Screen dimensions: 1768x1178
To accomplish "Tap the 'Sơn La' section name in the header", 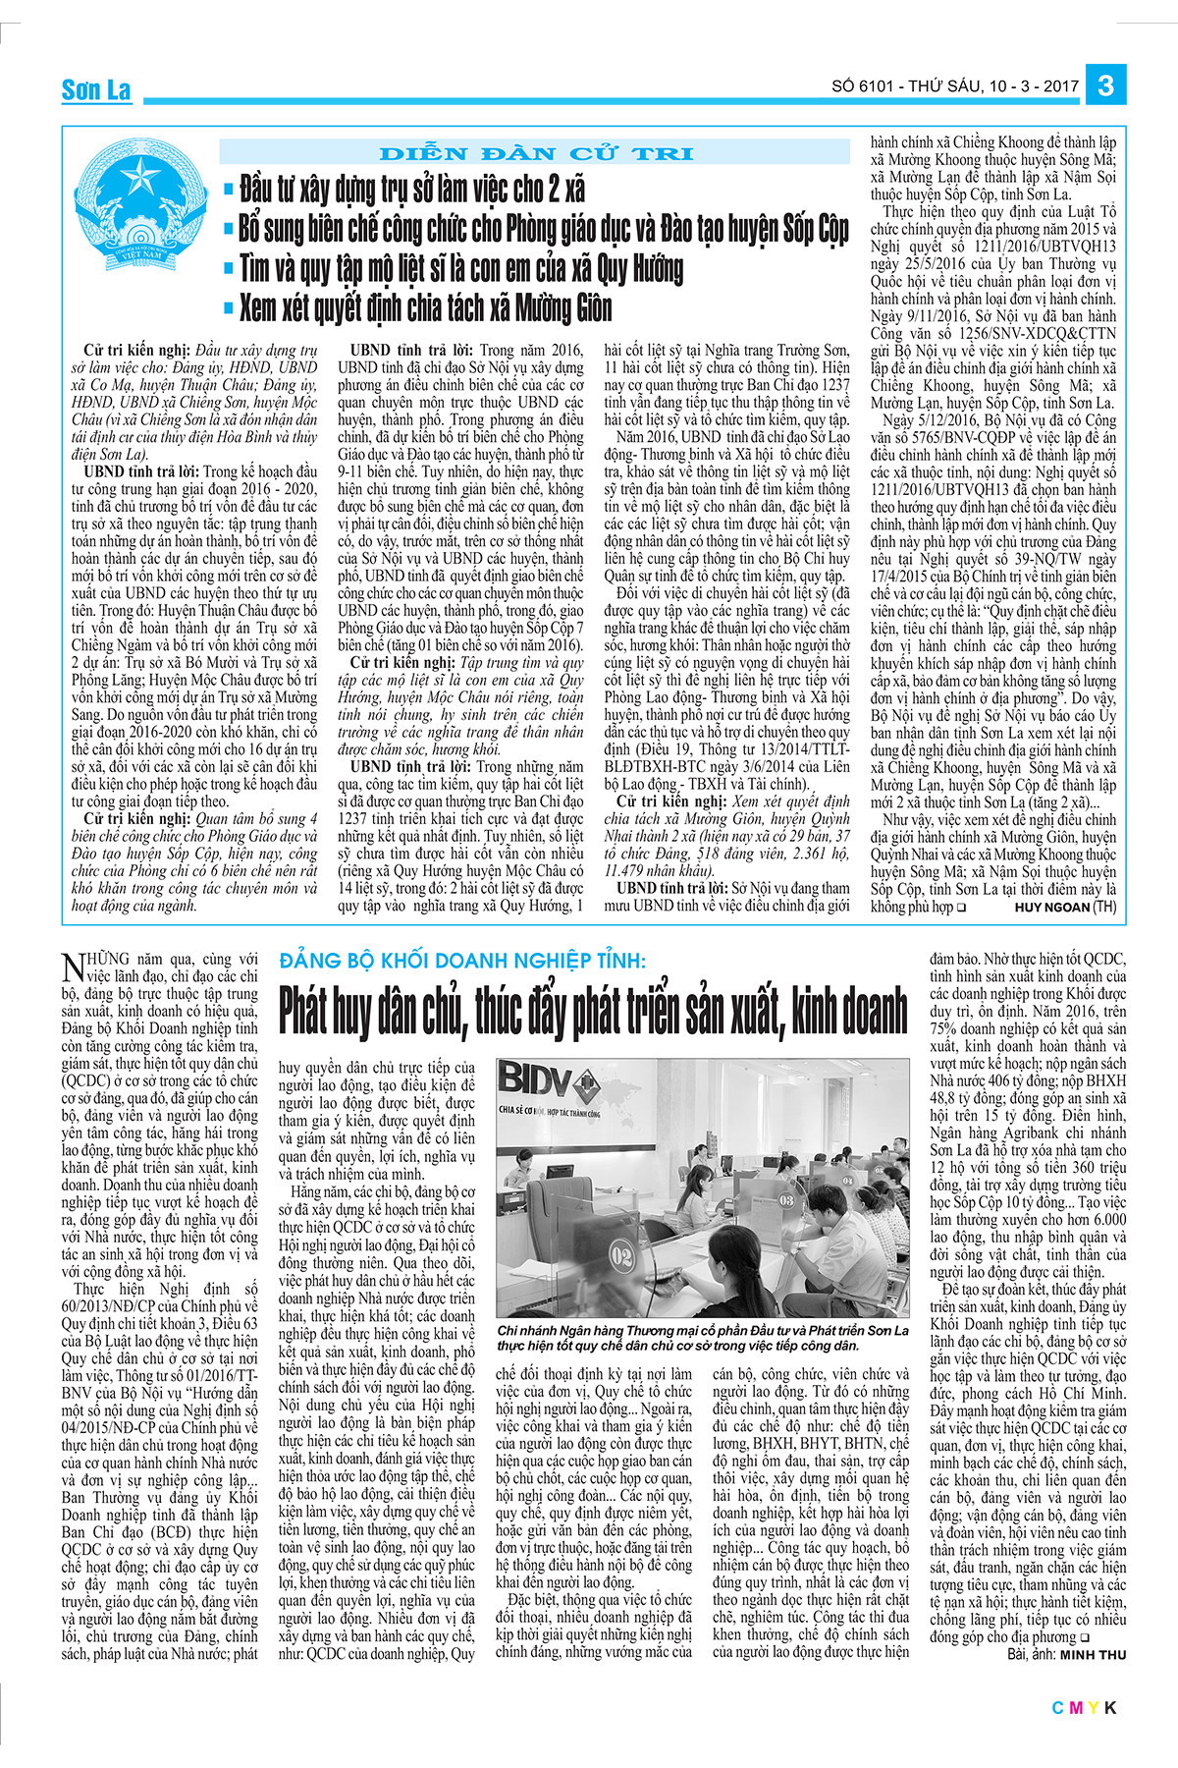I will (96, 90).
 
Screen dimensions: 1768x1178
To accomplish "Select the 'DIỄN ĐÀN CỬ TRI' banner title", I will (535, 153).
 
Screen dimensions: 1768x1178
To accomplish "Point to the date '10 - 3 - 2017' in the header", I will (1035, 86).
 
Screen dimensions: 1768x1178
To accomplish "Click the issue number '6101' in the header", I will (877, 86).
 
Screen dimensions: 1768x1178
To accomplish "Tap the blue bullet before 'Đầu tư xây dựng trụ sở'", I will (229, 189).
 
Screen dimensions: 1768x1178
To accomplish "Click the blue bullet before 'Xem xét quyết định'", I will (229, 308).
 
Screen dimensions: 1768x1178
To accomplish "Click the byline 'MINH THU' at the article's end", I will (1093, 1655).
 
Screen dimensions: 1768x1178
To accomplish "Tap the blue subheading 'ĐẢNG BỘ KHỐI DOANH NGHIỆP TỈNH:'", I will (462, 960).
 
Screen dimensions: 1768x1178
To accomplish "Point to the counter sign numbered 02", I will (621, 1255).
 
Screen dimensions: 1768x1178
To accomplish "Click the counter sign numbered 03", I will (785, 1199).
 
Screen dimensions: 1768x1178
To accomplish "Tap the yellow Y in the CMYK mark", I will (1093, 1708).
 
